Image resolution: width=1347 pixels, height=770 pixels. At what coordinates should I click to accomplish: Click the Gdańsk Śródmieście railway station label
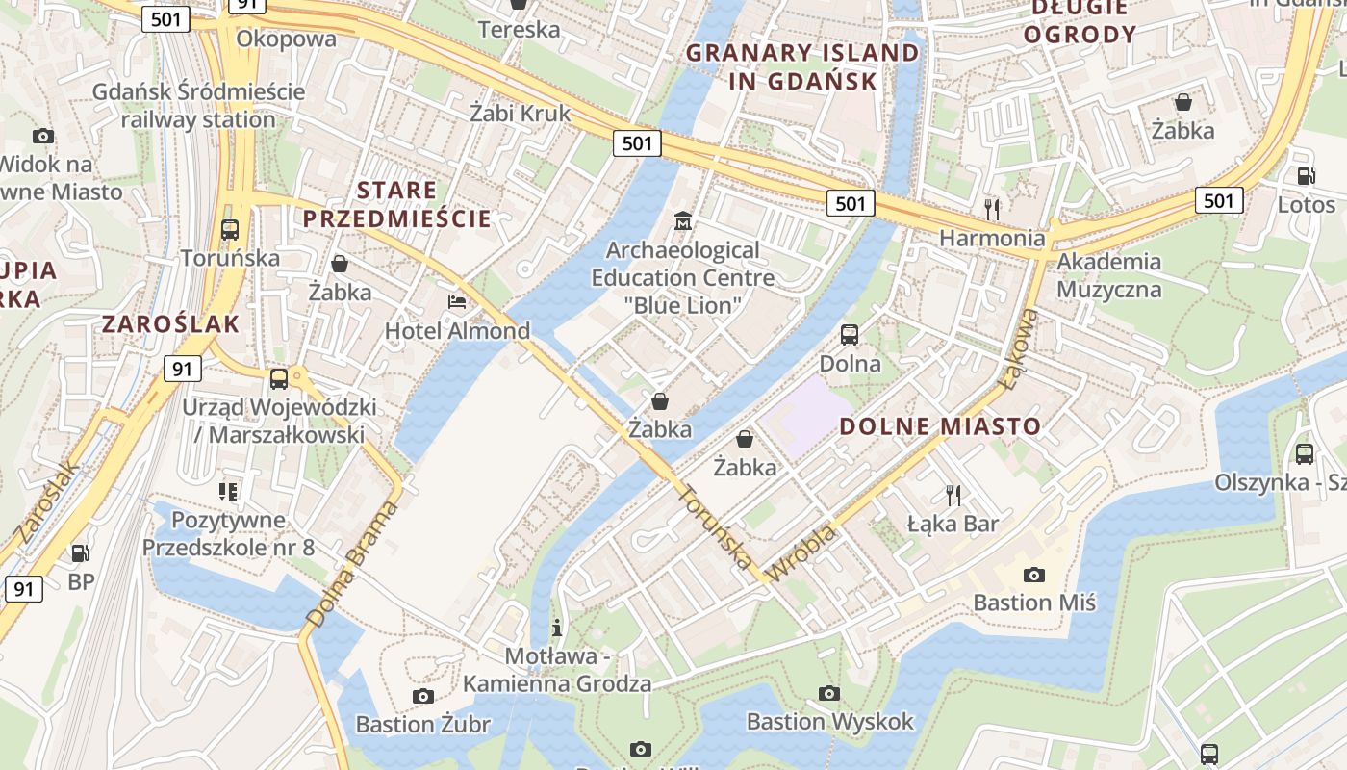(198, 106)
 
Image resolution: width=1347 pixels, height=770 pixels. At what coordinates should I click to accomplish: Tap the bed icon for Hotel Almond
(458, 303)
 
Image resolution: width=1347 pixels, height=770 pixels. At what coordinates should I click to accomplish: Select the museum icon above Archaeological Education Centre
(683, 221)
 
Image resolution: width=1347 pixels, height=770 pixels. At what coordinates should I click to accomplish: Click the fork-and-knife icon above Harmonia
(992, 208)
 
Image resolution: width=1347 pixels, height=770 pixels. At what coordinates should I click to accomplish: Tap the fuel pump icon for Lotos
(1306, 176)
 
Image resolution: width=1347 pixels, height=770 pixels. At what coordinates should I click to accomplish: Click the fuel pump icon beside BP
(81, 553)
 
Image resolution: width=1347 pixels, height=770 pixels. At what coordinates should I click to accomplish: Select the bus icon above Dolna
(850, 335)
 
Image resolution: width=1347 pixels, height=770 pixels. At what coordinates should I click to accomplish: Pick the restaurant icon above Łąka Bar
(953, 495)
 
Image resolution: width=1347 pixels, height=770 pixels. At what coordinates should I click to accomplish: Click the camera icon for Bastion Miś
(1034, 575)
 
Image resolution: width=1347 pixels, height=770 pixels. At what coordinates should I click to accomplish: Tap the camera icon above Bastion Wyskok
(829, 693)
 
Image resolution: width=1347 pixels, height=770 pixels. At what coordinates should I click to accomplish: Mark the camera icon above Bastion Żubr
(422, 696)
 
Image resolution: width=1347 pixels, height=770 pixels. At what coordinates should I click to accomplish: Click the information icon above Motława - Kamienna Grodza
(557, 629)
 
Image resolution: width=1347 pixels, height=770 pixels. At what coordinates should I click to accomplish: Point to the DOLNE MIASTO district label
(940, 426)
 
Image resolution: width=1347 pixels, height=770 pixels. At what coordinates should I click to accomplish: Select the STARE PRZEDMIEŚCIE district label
(397, 204)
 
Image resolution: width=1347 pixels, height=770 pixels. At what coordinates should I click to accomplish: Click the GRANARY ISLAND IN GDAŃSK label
(802, 66)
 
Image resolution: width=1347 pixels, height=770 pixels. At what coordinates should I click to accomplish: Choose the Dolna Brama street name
(352, 564)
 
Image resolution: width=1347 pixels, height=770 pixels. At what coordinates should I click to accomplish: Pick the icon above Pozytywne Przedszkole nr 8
(228, 492)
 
